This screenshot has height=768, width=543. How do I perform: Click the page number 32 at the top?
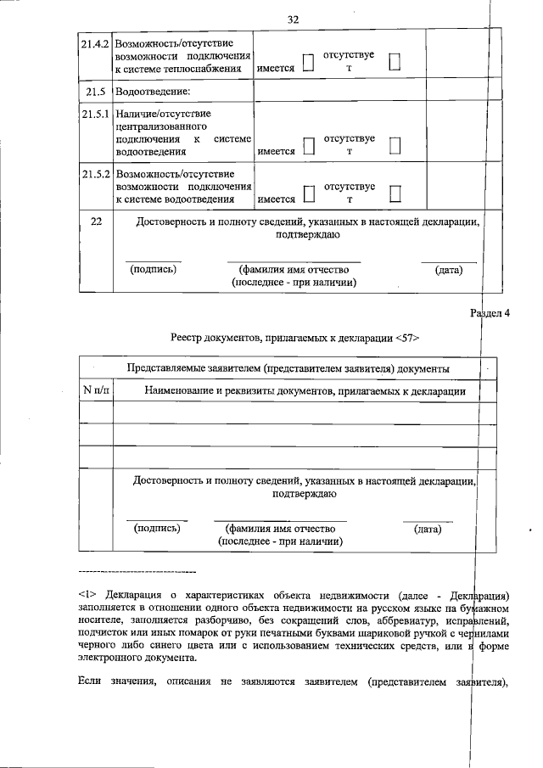[x=294, y=20]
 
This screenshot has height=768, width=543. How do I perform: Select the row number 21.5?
[x=96, y=91]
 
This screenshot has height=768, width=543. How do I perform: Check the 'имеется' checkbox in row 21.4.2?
[x=309, y=62]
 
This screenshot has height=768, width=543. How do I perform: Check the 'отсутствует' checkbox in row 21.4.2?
[x=395, y=62]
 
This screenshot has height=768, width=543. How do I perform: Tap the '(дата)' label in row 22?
[x=448, y=270]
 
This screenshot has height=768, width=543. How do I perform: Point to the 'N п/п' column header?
[x=96, y=391]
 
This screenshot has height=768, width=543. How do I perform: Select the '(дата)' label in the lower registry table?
[x=427, y=528]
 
